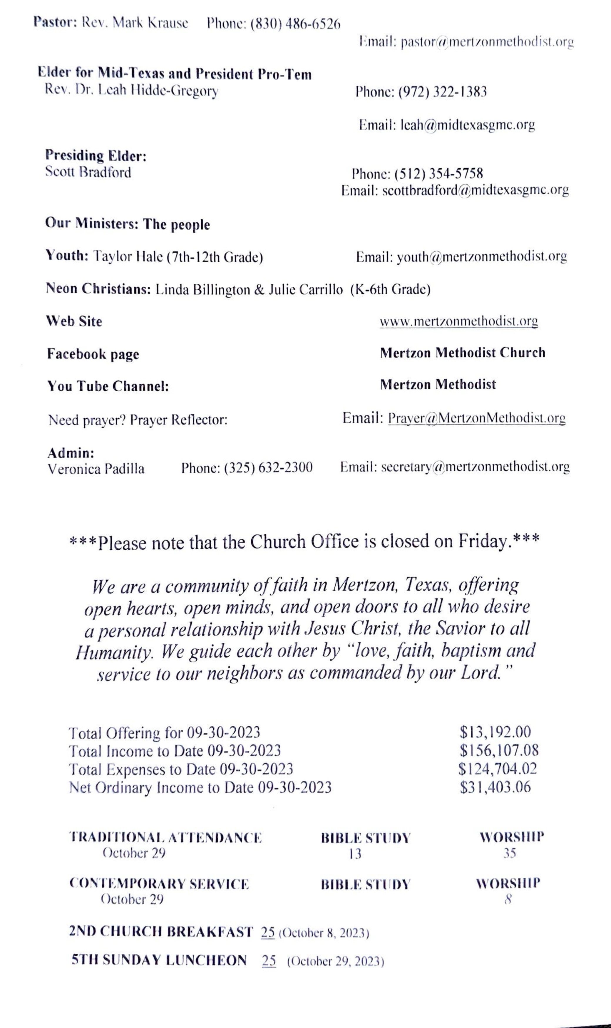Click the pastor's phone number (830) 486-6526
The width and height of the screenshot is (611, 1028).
pyautogui.click(x=295, y=24)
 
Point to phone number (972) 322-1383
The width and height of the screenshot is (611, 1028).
pyautogui.click(x=442, y=91)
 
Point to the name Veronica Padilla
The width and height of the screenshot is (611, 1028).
pyautogui.click(x=96, y=469)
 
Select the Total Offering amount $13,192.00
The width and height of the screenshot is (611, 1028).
pyautogui.click(x=495, y=732)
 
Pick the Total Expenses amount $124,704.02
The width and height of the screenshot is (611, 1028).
pyautogui.click(x=497, y=768)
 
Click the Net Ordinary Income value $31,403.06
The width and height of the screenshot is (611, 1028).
pyautogui.click(x=495, y=787)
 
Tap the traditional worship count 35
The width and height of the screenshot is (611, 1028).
pyautogui.click(x=509, y=853)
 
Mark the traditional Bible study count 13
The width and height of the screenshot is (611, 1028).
pyautogui.click(x=355, y=854)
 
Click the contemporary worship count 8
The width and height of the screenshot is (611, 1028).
pyautogui.click(x=508, y=900)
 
